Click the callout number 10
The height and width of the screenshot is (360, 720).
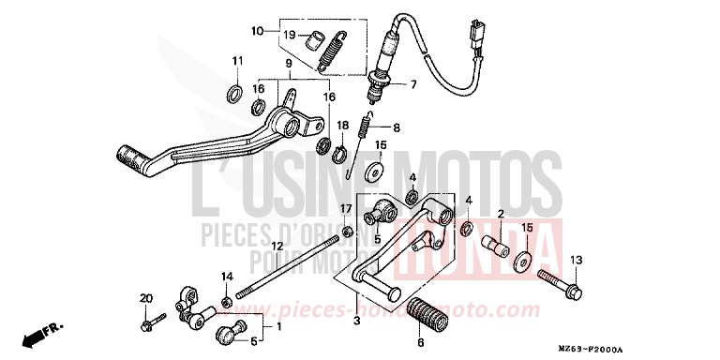point(257,32)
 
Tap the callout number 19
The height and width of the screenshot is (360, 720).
point(291,37)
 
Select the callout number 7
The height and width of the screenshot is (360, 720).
point(412,84)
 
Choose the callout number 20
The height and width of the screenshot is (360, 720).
point(145,299)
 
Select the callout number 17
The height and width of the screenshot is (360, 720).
point(345,208)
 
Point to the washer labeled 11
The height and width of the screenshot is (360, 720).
point(233,95)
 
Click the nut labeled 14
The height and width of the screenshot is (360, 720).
point(227,302)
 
